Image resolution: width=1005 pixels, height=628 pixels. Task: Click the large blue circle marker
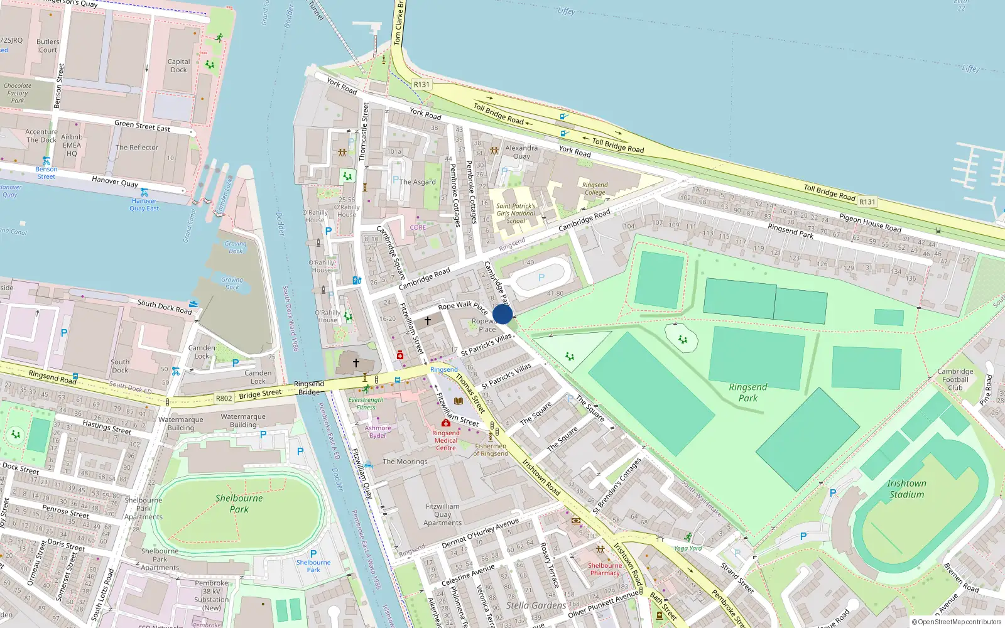pyautogui.click(x=503, y=314)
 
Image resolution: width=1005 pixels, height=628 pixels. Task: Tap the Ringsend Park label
pyautogui.click(x=747, y=392)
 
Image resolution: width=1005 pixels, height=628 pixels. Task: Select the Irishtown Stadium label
pyautogui.click(x=906, y=489)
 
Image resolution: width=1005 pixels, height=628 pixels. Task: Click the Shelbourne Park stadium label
pyautogui.click(x=239, y=503)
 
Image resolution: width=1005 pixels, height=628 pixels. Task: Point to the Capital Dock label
pyautogui.click(x=178, y=65)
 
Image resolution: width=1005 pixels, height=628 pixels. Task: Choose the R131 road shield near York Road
pyautogui.click(x=421, y=84)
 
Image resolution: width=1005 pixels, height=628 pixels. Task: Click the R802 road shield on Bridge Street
pyautogui.click(x=224, y=398)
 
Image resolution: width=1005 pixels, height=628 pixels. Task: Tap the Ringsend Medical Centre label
pyautogui.click(x=446, y=440)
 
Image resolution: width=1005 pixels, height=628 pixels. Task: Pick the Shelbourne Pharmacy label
pyautogui.click(x=604, y=569)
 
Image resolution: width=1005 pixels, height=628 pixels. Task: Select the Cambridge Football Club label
pyautogui.click(x=955, y=379)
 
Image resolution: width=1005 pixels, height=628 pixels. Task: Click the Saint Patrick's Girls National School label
pyautogui.click(x=516, y=214)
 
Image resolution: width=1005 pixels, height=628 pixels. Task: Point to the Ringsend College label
pyautogui.click(x=595, y=188)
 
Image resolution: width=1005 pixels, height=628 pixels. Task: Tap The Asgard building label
pyautogui.click(x=418, y=181)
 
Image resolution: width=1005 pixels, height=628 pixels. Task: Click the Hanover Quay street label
pyautogui.click(x=115, y=181)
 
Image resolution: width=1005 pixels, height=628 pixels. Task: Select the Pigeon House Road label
pyautogui.click(x=870, y=223)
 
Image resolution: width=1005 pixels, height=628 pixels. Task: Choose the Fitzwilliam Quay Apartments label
pyautogui.click(x=442, y=514)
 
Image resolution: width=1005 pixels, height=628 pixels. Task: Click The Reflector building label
pyautogui.click(x=137, y=148)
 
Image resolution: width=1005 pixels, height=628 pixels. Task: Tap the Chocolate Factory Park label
pyautogui.click(x=18, y=93)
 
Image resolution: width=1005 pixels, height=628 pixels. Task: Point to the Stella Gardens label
pyautogui.click(x=536, y=605)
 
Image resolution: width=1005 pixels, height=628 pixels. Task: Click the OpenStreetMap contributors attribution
pyautogui.click(x=956, y=622)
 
